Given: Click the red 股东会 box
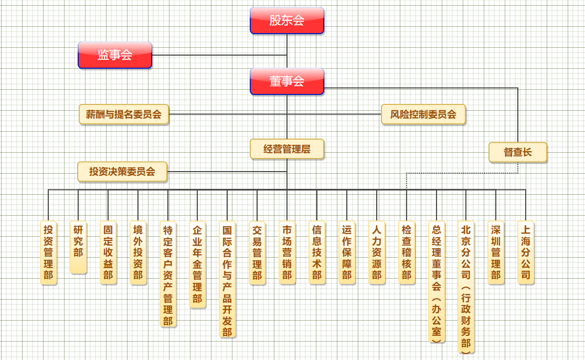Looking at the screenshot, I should [287, 20].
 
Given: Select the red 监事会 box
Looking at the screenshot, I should [115, 55].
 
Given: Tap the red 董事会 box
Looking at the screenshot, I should [287, 81].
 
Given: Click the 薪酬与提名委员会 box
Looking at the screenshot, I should [124, 114].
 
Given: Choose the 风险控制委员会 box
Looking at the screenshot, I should [423, 114].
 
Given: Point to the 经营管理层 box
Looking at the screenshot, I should [287, 149].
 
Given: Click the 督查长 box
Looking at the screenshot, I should [518, 152].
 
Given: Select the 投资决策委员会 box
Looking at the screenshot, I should [122, 172].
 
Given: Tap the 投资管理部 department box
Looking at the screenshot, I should [48, 252].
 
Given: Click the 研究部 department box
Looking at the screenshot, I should [78, 247].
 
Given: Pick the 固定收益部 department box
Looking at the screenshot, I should [108, 252].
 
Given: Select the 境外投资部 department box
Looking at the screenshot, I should [138, 252].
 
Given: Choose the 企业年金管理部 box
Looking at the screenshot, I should [197, 264].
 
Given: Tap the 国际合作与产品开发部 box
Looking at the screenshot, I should [227, 279].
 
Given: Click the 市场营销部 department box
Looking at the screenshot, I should [287, 252].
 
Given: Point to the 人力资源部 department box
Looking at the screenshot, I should [377, 252].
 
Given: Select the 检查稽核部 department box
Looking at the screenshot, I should [407, 252].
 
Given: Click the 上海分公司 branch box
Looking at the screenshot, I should [526, 252].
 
